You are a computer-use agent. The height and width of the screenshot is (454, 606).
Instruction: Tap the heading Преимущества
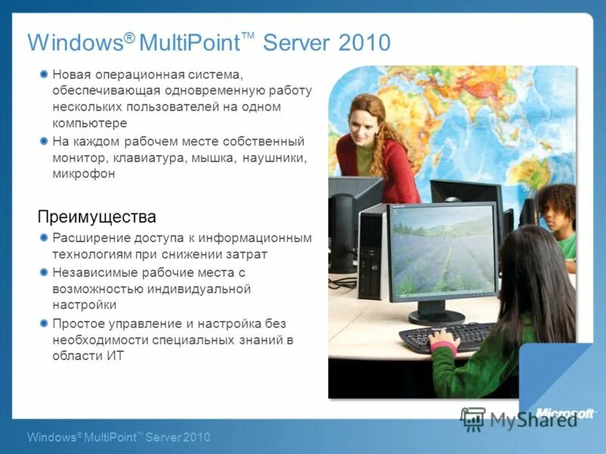coord(97,217)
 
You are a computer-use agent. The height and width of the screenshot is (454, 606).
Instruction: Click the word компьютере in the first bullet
coord(89,123)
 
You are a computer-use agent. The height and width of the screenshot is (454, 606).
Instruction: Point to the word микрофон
coord(84,174)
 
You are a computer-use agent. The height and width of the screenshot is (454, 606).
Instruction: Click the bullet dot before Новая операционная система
coord(44,73)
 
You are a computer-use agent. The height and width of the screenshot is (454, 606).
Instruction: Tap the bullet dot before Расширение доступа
coord(44,238)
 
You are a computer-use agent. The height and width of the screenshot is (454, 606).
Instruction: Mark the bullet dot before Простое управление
coord(44,323)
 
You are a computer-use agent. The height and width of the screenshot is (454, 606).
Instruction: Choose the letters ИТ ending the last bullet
coord(114,356)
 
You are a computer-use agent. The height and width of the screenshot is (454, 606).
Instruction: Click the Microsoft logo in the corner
coord(565,412)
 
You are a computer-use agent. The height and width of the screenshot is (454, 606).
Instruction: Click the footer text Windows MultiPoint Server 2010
coord(118,437)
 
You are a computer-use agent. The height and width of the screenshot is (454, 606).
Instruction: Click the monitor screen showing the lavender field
coord(443,249)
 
